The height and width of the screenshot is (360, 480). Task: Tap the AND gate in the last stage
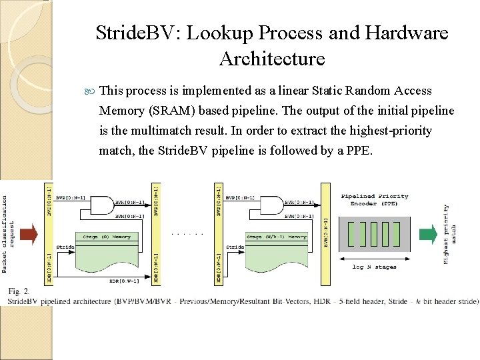pos(271,206)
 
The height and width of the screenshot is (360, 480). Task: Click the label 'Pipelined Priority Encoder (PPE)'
pos(374,200)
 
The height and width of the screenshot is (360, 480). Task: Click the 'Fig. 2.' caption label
pos(18,291)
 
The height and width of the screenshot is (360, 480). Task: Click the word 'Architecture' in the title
pos(271,59)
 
